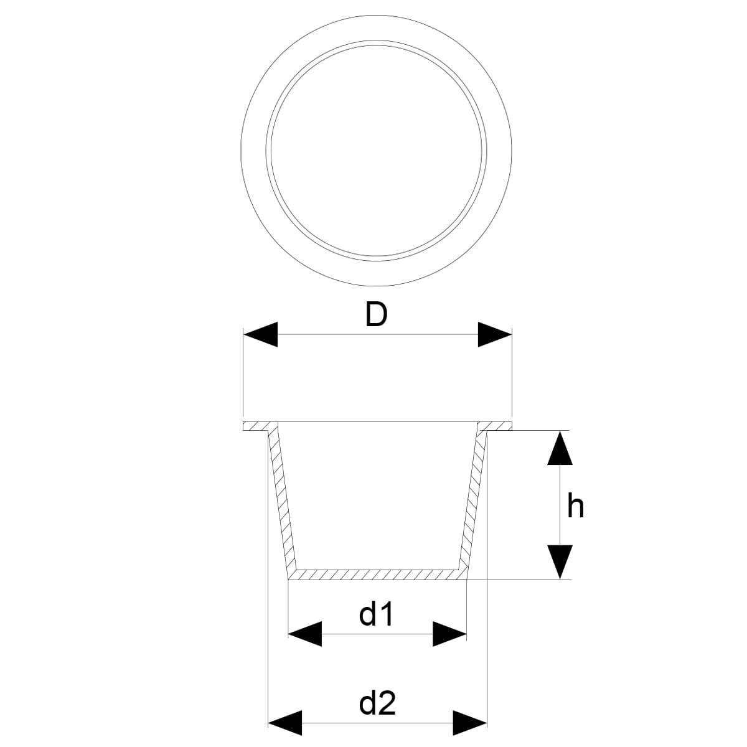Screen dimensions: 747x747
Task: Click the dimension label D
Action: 376,315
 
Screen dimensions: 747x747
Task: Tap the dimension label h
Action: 576,506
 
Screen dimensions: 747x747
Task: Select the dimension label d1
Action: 377,615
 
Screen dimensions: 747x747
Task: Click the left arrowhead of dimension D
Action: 260,335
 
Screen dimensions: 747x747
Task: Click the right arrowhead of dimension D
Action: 494,335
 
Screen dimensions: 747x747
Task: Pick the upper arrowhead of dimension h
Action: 560,448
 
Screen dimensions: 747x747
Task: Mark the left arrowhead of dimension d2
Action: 284,723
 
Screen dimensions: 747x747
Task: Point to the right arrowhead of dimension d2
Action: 469,723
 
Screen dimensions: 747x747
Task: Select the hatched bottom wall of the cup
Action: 377,574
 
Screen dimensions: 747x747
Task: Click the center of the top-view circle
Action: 376,150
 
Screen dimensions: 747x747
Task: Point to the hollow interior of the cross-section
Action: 377,498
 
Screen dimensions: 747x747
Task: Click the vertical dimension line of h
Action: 560,505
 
